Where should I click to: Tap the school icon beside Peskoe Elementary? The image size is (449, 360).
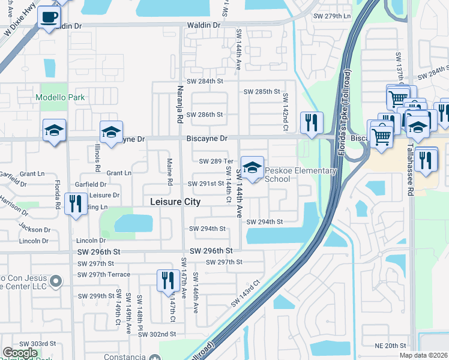point(252,168)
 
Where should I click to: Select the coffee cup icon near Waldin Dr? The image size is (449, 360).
point(49,16)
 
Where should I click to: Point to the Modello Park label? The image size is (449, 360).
point(60,97)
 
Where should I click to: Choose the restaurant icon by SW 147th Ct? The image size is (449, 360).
point(166,280)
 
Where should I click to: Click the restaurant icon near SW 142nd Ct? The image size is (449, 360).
point(311,124)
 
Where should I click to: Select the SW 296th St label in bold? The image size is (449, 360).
point(211,251)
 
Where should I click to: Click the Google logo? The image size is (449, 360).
point(20,353)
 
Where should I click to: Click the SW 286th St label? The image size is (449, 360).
point(204,114)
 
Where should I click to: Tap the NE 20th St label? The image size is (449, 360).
point(391,346)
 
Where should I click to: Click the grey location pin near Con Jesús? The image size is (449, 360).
point(56,280)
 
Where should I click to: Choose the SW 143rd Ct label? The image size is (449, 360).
point(247,293)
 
